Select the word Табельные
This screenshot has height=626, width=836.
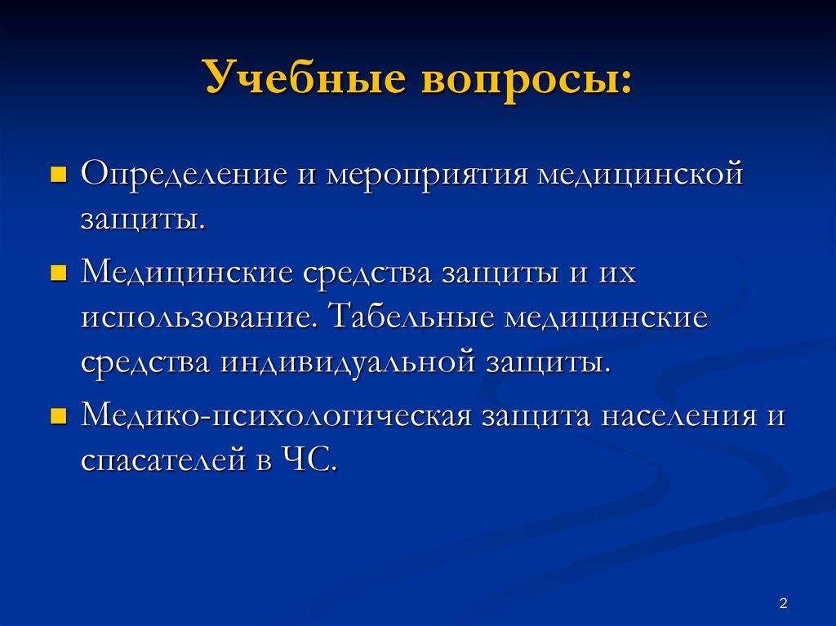[x=413, y=316]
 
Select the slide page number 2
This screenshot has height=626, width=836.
[x=783, y=603]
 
